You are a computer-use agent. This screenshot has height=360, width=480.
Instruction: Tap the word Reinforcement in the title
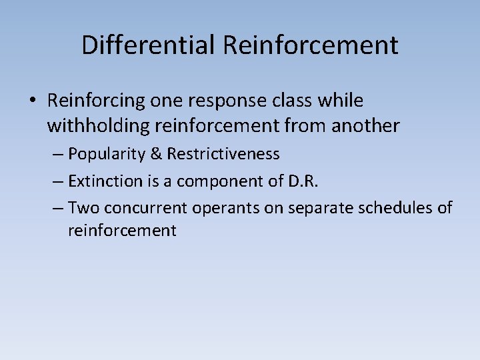(311, 45)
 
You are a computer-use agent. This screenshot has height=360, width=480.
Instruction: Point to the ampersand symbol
(156, 154)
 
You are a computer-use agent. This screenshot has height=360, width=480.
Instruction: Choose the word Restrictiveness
(223, 154)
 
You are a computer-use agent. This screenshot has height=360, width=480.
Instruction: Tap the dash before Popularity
(57, 155)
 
